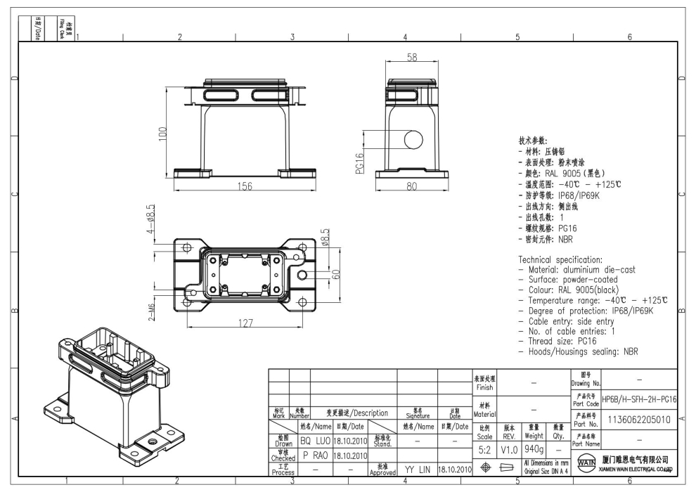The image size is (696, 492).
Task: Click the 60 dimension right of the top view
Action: pos(337,273)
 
